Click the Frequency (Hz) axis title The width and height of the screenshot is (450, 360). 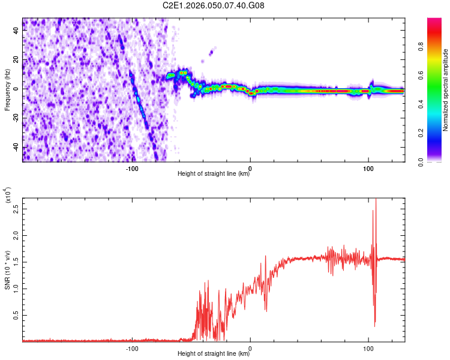(7, 90)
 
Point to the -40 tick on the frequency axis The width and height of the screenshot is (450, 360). (14, 148)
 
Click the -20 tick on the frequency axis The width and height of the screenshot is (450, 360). (14, 118)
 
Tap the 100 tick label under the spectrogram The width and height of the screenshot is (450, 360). (368, 167)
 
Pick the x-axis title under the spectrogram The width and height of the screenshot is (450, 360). (214, 174)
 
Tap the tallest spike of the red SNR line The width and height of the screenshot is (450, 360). (376, 200)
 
